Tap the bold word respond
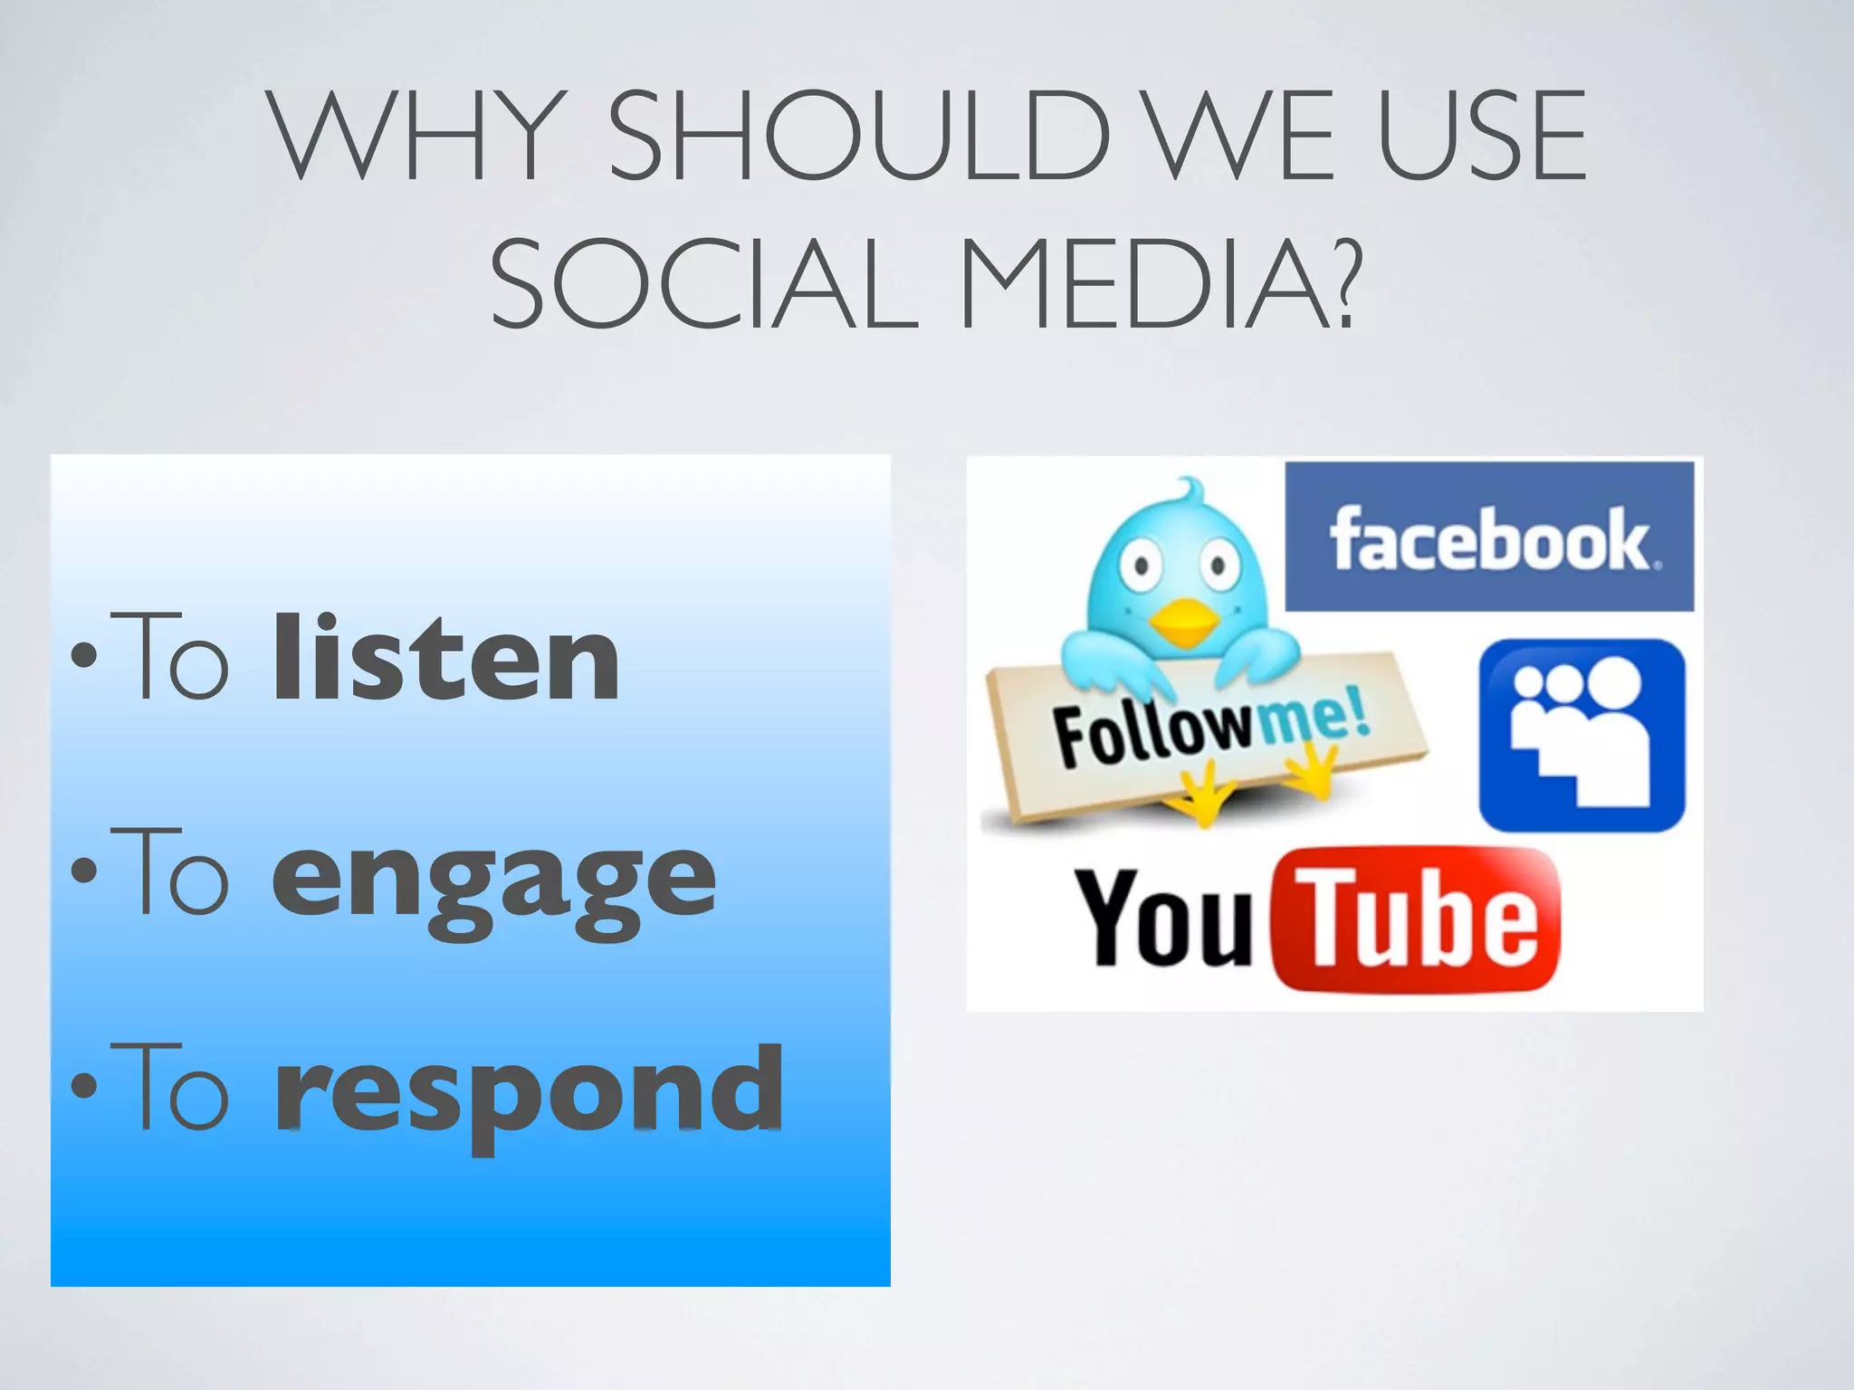[529, 1090]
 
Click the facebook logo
[1489, 538]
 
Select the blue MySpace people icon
[1582, 735]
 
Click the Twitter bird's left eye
[1142, 566]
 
